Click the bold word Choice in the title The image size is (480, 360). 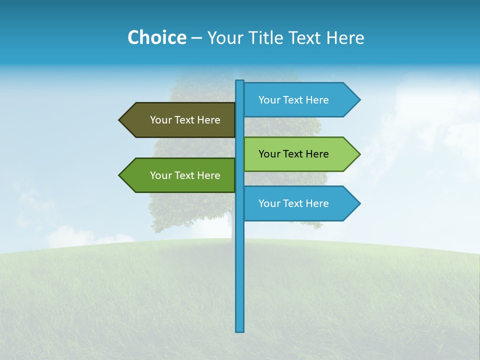(156, 37)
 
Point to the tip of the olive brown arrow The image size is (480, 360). (120, 120)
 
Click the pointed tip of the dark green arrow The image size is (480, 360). (120, 175)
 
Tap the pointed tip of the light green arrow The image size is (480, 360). (359, 154)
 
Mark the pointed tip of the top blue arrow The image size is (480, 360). (359, 100)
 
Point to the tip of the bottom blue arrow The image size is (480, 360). (359, 203)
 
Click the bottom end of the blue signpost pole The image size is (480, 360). (240, 330)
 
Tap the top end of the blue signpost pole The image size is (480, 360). (240, 81)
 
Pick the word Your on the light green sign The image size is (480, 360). (269, 154)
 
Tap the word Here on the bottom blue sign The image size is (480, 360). (317, 203)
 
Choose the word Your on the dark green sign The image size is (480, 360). (160, 175)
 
